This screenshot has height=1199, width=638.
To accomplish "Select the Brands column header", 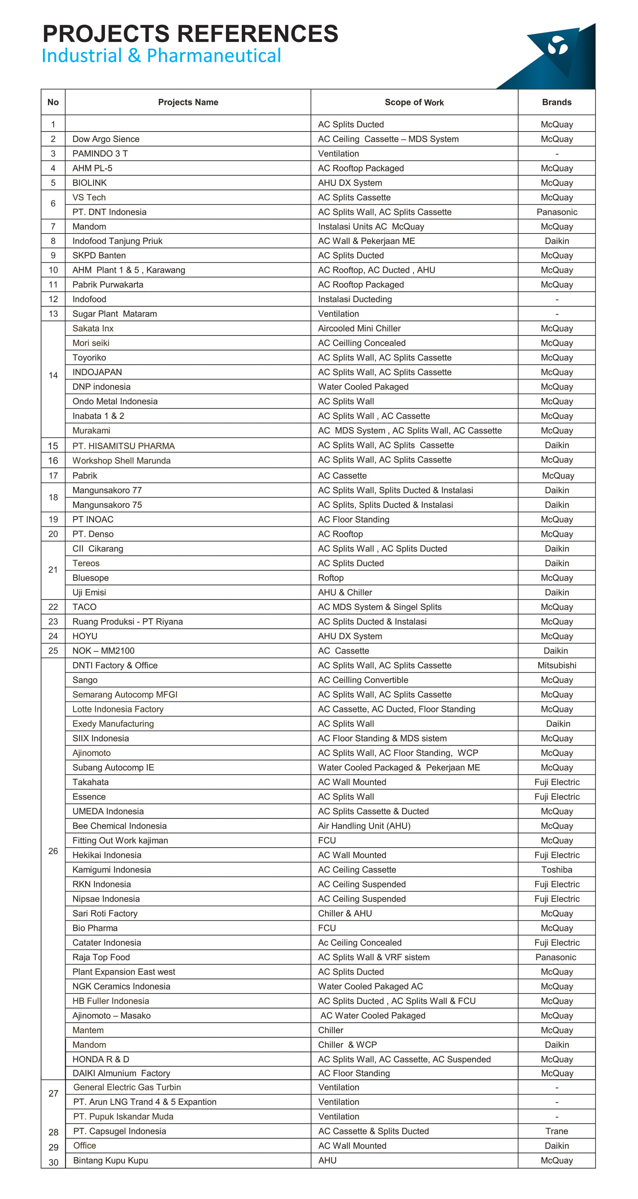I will (557, 102).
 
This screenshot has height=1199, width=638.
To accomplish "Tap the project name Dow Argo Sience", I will (105, 139).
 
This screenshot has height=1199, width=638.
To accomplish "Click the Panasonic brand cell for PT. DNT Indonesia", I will (557, 212).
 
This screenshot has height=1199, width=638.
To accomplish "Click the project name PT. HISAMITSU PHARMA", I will (123, 446).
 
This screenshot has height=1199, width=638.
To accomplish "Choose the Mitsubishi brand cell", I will (557, 666).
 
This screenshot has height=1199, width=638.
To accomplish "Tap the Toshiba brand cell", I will (557, 870).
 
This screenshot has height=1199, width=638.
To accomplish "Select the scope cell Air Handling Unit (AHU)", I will (364, 826).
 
